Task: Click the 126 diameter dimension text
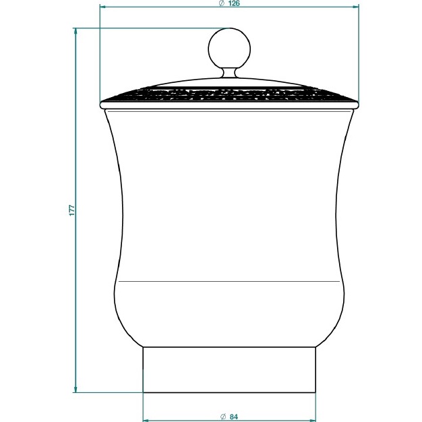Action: click(x=234, y=4)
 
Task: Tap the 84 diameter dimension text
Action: click(x=234, y=417)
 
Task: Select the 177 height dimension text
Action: click(x=71, y=210)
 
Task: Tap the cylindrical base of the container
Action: click(x=230, y=369)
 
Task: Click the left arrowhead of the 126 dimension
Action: click(x=104, y=7)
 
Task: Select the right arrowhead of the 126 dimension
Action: click(x=355, y=7)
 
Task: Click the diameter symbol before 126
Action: click(x=221, y=4)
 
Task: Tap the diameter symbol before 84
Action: click(x=223, y=417)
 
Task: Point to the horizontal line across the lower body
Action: click(x=229, y=280)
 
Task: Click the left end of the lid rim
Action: click(x=102, y=104)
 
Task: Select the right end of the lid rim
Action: click(x=358, y=104)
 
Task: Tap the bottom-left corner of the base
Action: click(x=144, y=392)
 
